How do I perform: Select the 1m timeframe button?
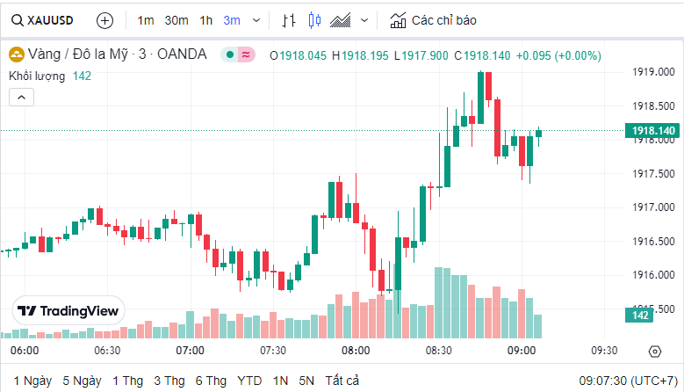[146, 19]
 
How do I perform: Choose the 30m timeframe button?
[176, 19]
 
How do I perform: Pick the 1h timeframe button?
[205, 19]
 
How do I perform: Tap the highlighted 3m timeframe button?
[232, 19]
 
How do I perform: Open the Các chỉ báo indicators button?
[435, 19]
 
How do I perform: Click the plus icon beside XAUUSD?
[104, 19]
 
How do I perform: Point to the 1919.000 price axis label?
[652, 72]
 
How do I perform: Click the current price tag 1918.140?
[652, 131]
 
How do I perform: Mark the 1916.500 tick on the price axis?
[652, 241]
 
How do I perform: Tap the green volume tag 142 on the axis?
[640, 316]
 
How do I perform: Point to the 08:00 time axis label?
[356, 350]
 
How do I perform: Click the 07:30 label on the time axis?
[273, 350]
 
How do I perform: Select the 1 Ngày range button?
[32, 381]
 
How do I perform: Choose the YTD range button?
[249, 381]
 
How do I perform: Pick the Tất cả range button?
[342, 381]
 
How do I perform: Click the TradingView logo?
[68, 310]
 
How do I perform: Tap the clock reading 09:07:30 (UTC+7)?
[627, 381]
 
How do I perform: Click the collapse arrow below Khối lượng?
[22, 97]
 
